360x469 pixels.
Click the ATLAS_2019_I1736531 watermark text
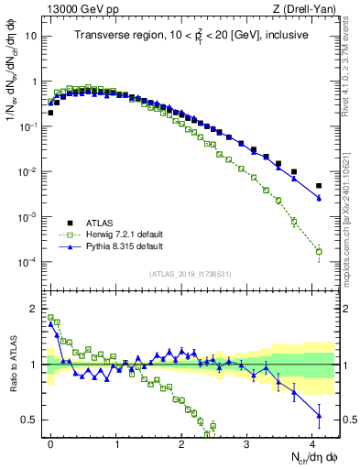(189, 274)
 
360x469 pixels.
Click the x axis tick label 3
(247, 443)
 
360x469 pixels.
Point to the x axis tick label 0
(51, 443)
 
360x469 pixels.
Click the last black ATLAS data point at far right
(319, 186)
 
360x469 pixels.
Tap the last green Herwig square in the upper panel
(319, 251)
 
